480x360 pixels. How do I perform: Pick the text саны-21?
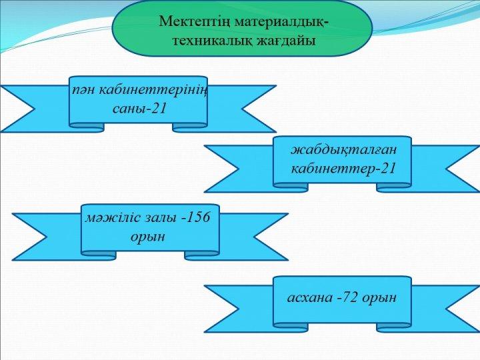(139, 108)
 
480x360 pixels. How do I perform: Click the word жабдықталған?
(343, 150)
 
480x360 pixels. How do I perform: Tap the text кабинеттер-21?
(343, 168)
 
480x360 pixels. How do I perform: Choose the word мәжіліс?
(110, 217)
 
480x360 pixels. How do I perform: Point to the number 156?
(198, 217)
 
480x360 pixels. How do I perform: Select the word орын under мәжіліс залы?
(148, 237)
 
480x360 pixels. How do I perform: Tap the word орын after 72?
(379, 298)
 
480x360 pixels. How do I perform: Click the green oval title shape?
(242, 28)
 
